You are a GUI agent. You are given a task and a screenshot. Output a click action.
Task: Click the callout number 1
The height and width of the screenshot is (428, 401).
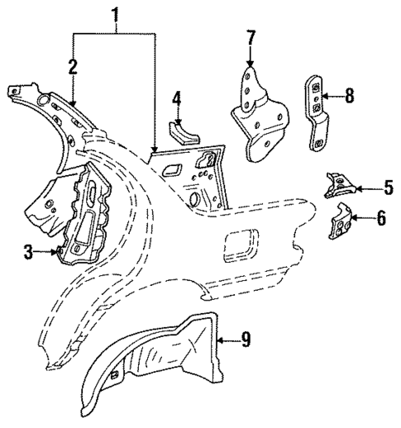[116, 14]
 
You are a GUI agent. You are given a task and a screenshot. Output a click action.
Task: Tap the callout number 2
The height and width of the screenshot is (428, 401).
[73, 67]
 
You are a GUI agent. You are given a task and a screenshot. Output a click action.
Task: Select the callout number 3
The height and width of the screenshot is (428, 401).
[28, 253]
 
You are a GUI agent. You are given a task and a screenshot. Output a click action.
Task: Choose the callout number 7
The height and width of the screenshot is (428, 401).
[251, 37]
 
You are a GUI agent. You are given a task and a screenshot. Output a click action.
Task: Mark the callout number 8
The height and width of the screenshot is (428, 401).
[349, 96]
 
